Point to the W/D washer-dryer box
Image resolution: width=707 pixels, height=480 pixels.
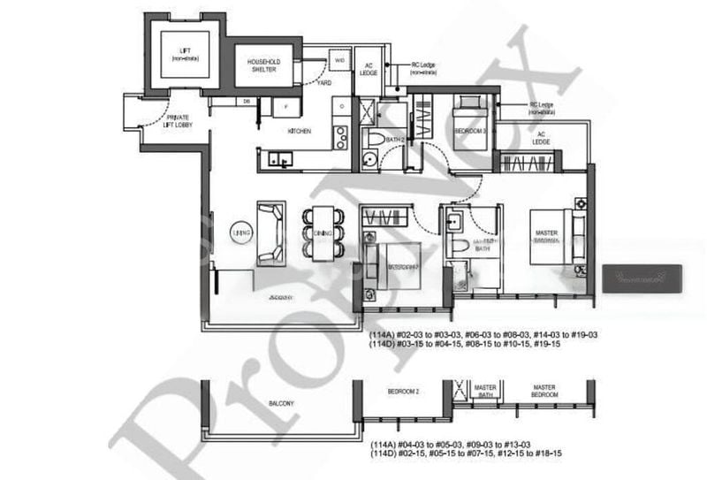pyautogui.click(x=338, y=60)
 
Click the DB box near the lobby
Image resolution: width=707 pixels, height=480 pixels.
pyautogui.click(x=247, y=101)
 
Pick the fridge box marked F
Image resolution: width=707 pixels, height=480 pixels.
pyautogui.click(x=285, y=108)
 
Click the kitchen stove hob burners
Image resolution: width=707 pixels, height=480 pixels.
pyautogui.click(x=340, y=137)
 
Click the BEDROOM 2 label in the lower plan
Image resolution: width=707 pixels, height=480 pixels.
pyautogui.click(x=402, y=391)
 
